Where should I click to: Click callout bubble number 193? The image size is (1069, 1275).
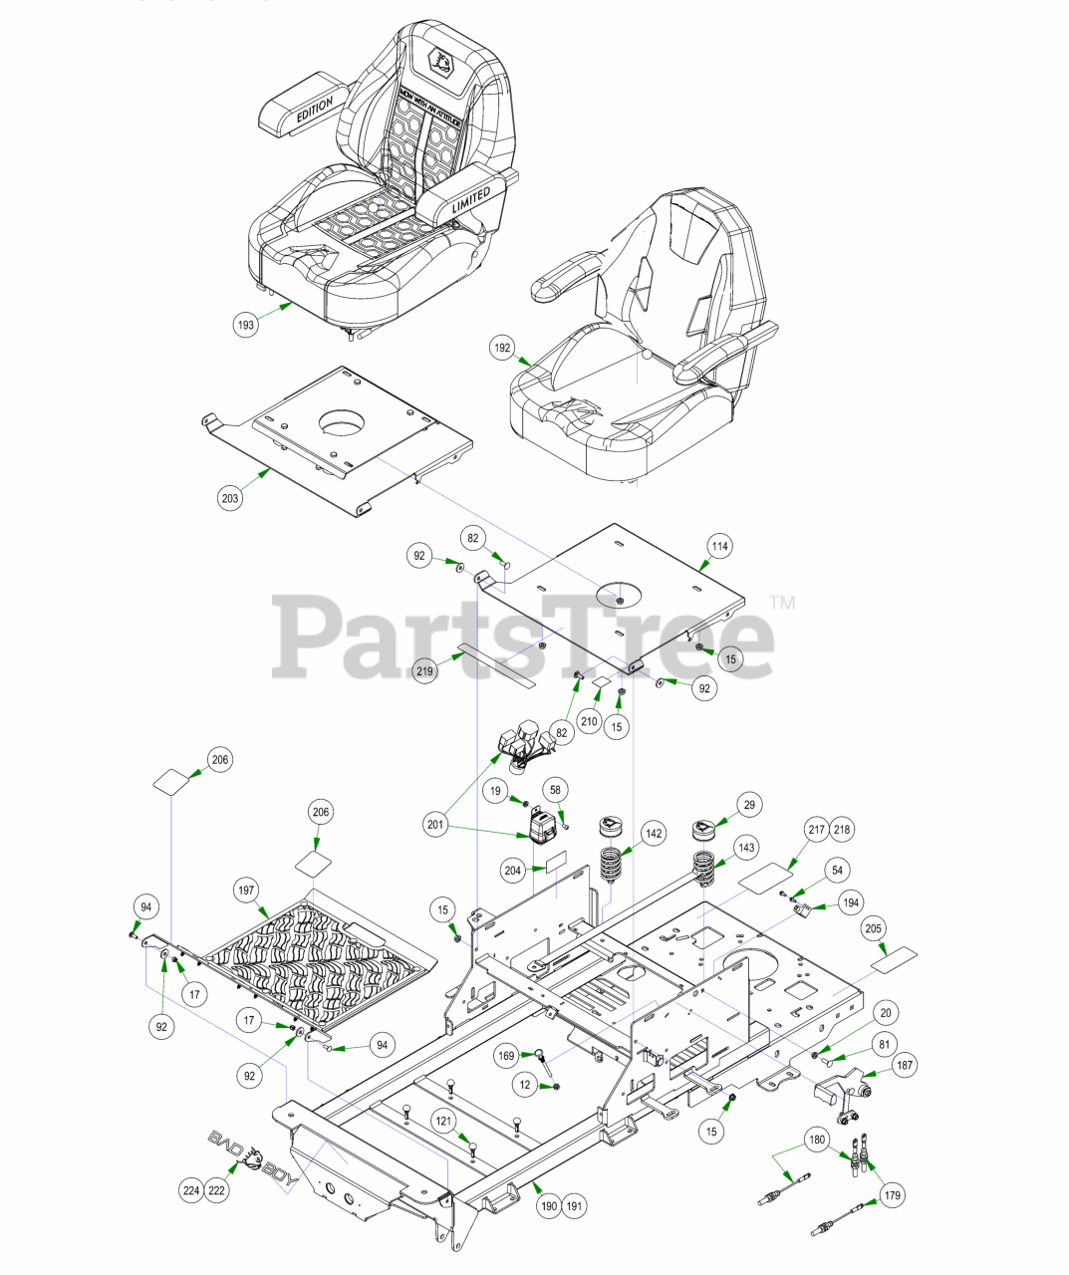click(244, 324)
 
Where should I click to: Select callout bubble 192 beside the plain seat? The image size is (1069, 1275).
click(503, 348)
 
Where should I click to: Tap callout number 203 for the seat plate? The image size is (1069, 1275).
click(231, 498)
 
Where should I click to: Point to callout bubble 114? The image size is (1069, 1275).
click(719, 546)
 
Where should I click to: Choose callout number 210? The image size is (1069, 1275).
click(589, 721)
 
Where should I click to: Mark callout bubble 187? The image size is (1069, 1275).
click(905, 1065)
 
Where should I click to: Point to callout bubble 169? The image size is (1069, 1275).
click(507, 1055)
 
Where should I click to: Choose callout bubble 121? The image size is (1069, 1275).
click(443, 1121)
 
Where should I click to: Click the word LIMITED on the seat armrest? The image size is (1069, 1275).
click(469, 198)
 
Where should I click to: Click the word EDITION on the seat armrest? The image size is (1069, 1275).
click(314, 112)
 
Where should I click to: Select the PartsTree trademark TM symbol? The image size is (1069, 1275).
click(782, 602)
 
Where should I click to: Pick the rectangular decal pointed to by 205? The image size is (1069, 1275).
click(893, 960)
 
